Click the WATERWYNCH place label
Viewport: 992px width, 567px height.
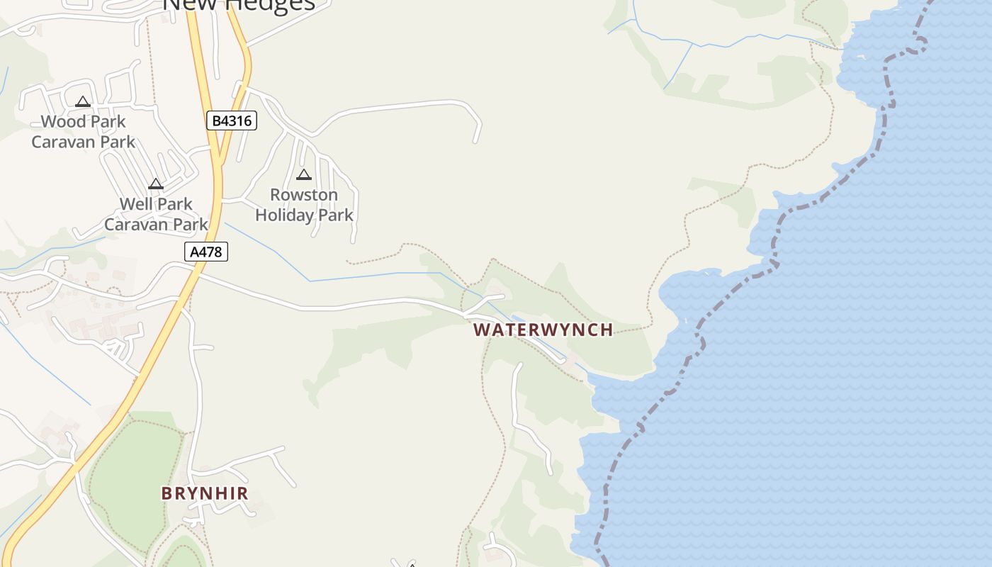(x=543, y=330)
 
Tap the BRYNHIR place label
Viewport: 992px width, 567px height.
(x=205, y=493)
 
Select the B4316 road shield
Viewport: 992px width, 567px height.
(x=232, y=120)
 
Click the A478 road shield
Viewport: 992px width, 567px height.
(x=207, y=252)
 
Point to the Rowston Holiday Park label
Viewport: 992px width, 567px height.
(x=304, y=205)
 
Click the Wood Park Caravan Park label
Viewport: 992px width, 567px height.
(x=83, y=132)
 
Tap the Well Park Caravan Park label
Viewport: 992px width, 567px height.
(x=156, y=214)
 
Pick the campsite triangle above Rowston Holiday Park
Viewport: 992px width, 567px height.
(x=304, y=174)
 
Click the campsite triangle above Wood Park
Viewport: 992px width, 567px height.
(x=83, y=101)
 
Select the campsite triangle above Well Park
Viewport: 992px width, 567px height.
(x=156, y=184)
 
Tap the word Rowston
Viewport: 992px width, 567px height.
(x=304, y=195)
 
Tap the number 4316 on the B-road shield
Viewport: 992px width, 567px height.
(x=237, y=120)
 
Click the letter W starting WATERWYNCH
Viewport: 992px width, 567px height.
(x=481, y=330)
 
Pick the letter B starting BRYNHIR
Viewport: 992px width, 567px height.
(x=167, y=493)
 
